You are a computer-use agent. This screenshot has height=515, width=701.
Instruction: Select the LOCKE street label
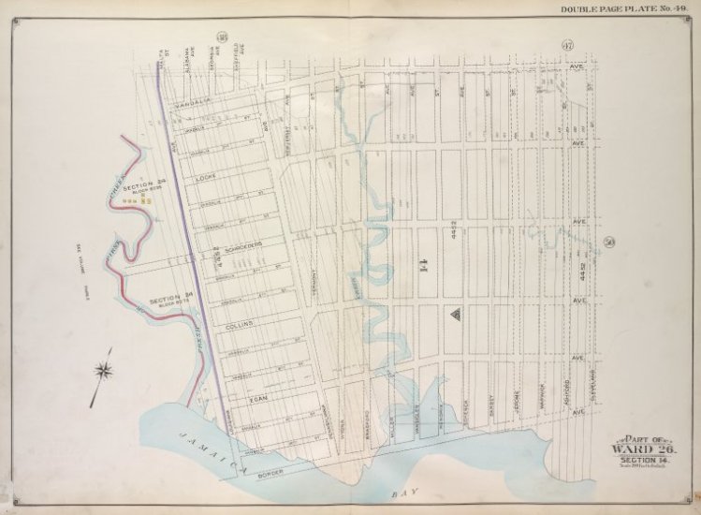click(x=206, y=176)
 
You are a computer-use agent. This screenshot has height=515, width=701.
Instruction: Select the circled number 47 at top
click(x=565, y=47)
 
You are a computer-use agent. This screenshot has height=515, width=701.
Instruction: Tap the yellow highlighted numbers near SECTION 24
click(x=145, y=199)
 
